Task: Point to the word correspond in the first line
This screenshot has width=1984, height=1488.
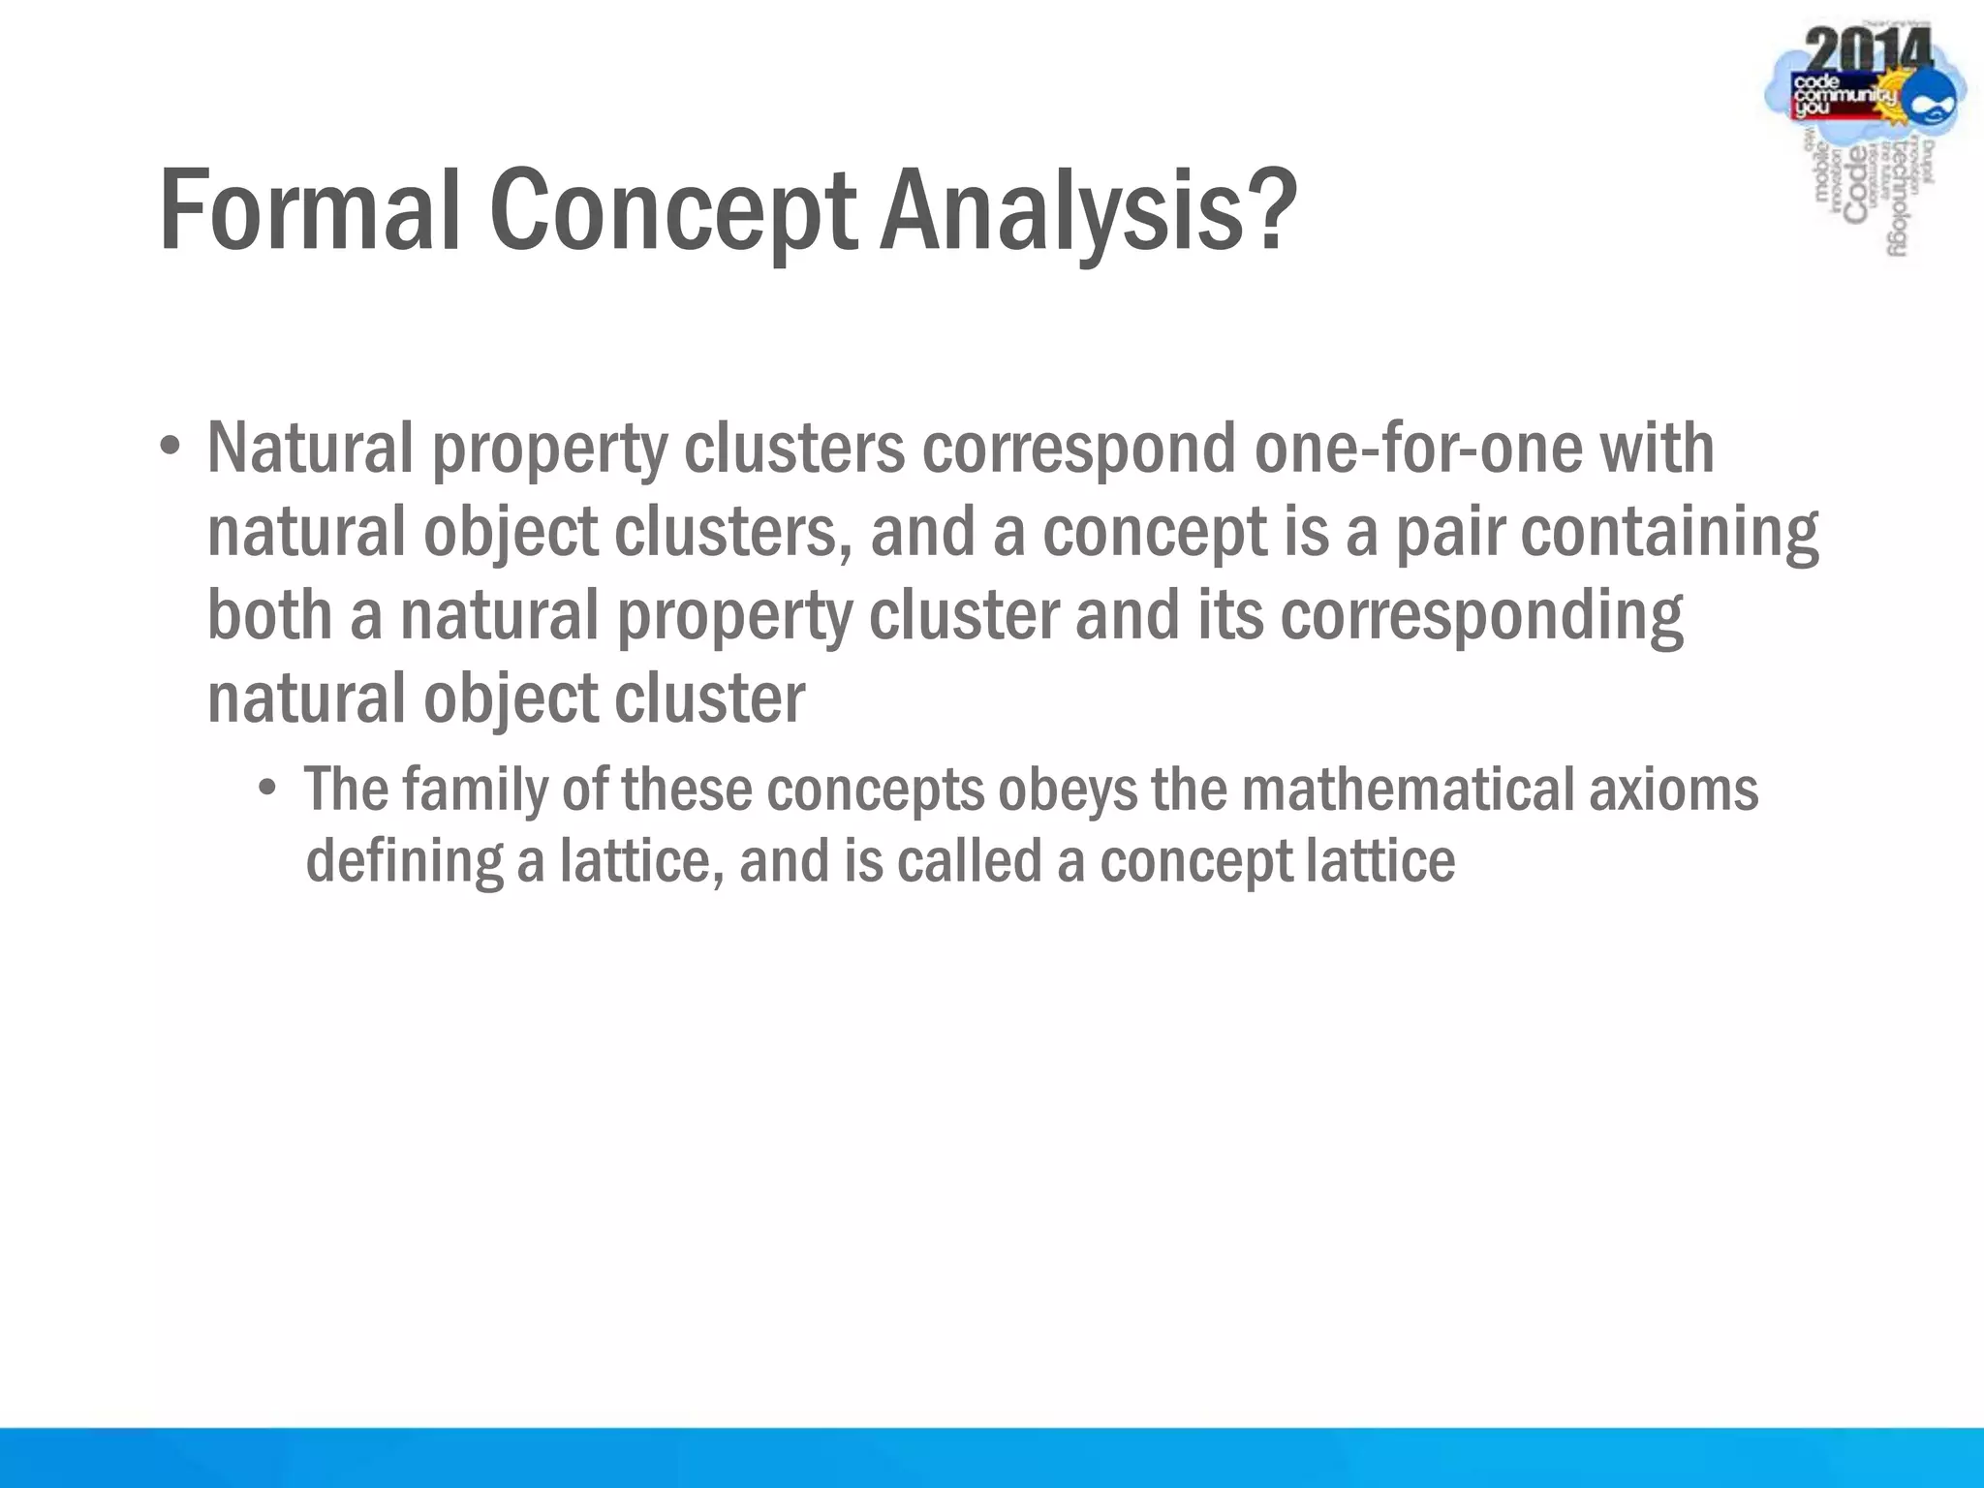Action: point(1079,449)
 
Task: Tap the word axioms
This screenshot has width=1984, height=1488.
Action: point(1674,789)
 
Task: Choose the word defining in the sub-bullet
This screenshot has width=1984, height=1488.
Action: point(404,860)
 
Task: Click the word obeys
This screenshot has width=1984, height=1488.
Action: point(1068,789)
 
